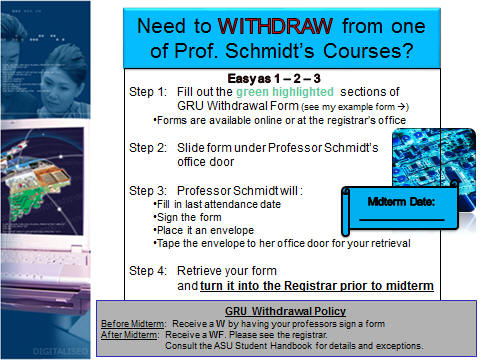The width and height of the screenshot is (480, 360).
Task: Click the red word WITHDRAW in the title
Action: click(275, 26)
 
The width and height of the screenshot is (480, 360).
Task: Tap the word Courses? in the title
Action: click(368, 51)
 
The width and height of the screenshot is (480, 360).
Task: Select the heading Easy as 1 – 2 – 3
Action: click(274, 79)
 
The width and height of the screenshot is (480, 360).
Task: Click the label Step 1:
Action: click(148, 92)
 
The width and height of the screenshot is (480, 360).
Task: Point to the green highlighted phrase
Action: click(285, 92)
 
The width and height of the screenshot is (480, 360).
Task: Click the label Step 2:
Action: click(148, 148)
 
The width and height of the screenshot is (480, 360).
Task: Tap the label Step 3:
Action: click(148, 191)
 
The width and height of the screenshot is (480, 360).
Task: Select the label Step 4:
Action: click(148, 271)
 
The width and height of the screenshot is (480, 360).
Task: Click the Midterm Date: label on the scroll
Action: click(401, 202)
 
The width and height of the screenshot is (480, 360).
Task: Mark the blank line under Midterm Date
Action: click(402, 220)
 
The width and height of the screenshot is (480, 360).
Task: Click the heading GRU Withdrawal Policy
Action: click(285, 311)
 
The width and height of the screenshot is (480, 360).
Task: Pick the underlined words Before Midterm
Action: click(133, 324)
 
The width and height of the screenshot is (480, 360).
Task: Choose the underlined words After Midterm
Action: click(129, 335)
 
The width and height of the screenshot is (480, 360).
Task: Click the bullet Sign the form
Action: click(187, 217)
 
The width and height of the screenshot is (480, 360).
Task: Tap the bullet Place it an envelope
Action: click(203, 230)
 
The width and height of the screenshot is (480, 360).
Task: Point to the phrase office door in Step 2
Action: click(206, 162)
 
